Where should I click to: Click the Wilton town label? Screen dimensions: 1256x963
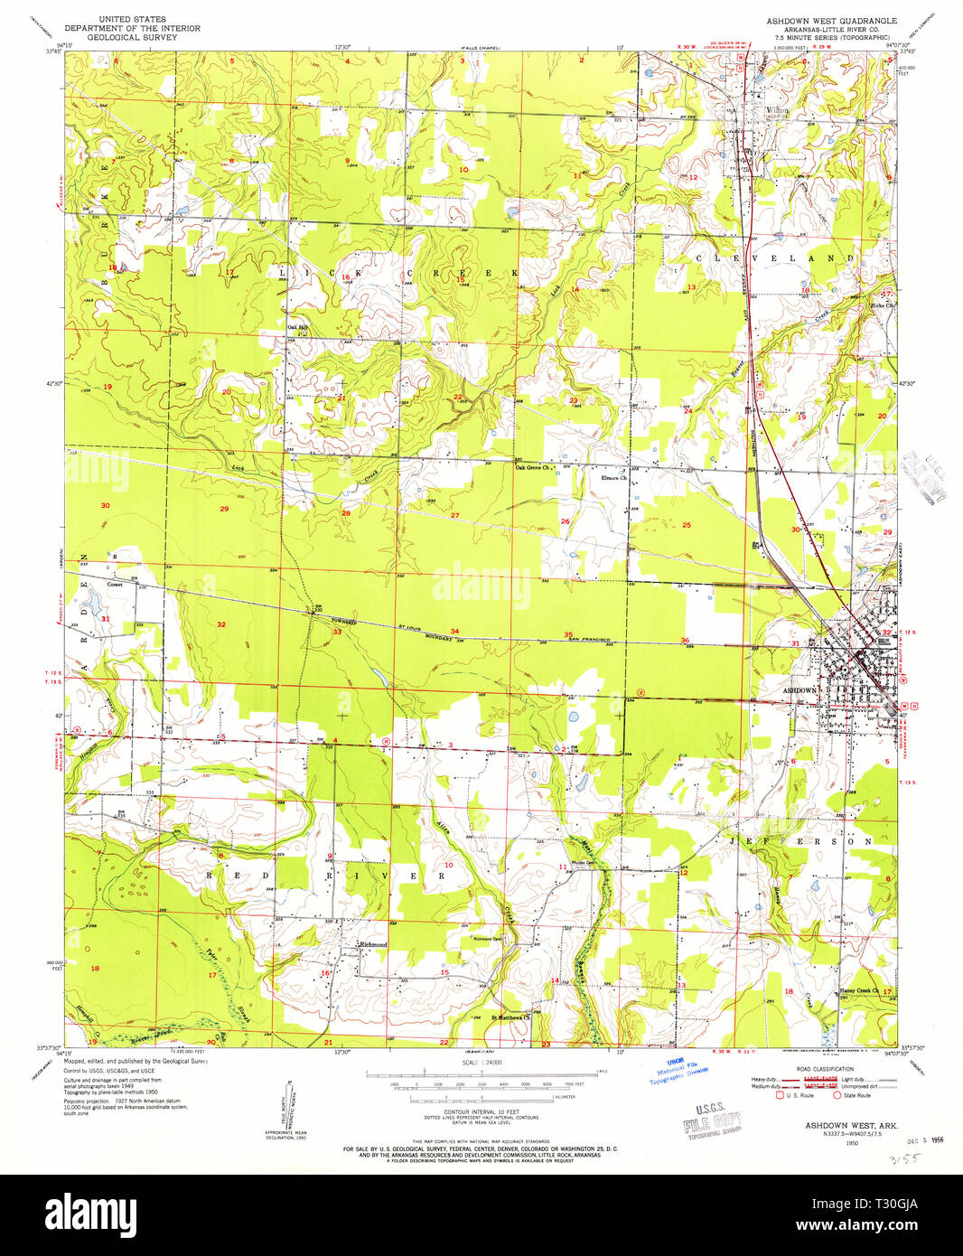pyautogui.click(x=776, y=110)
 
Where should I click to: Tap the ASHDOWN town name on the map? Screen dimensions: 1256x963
pyautogui.click(x=799, y=689)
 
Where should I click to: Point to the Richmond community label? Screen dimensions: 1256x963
pyautogui.click(x=373, y=944)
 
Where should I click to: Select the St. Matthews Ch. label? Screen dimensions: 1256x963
pyautogui.click(x=510, y=1017)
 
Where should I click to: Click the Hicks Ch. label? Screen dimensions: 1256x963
pyautogui.click(x=882, y=305)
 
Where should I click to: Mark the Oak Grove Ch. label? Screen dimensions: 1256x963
pyautogui.click(x=532, y=467)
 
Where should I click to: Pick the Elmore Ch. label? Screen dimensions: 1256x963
pyautogui.click(x=614, y=478)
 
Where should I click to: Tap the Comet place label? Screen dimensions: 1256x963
pyautogui.click(x=115, y=584)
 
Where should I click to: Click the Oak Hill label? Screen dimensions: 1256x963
pyautogui.click(x=297, y=327)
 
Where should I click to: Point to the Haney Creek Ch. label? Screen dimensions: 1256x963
pyautogui.click(x=859, y=990)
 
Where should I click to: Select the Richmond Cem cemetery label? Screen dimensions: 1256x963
pyautogui.click(x=487, y=939)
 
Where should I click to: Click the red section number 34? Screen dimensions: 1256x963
pyautogui.click(x=454, y=632)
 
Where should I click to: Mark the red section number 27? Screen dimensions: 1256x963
pyautogui.click(x=454, y=516)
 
